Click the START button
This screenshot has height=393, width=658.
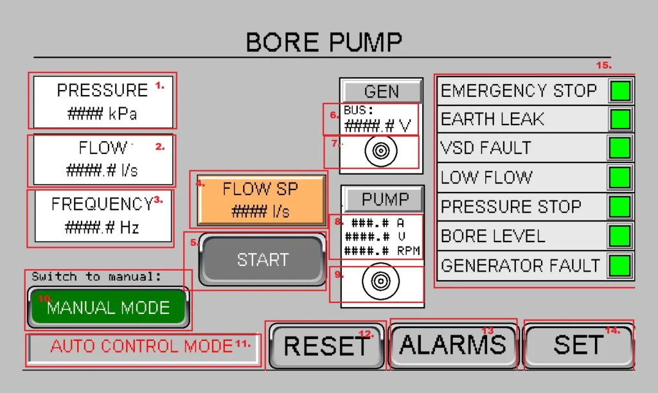tap(262, 260)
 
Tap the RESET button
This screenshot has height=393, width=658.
tap(326, 345)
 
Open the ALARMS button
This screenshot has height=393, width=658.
tap(453, 345)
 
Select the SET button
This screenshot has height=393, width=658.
tap(578, 345)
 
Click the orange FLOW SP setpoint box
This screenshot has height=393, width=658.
tap(261, 199)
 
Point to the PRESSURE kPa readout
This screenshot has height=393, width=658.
tap(103, 101)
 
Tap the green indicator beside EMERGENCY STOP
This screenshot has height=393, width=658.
tap(620, 91)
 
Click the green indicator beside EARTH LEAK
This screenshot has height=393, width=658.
tap(620, 119)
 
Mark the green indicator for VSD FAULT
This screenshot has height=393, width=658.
tap(620, 148)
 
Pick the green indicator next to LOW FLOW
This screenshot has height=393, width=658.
tap(620, 177)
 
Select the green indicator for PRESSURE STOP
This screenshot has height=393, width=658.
tap(620, 207)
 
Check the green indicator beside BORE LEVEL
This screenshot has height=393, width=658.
tap(620, 236)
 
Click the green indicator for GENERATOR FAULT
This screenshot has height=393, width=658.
tap(620, 265)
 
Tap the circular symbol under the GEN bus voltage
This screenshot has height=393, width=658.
tap(380, 152)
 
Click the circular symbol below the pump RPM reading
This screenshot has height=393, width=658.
tap(380, 283)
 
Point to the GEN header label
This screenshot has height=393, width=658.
tap(381, 92)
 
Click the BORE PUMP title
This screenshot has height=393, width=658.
tap(324, 42)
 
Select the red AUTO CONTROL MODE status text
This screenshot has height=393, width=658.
tap(141, 347)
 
